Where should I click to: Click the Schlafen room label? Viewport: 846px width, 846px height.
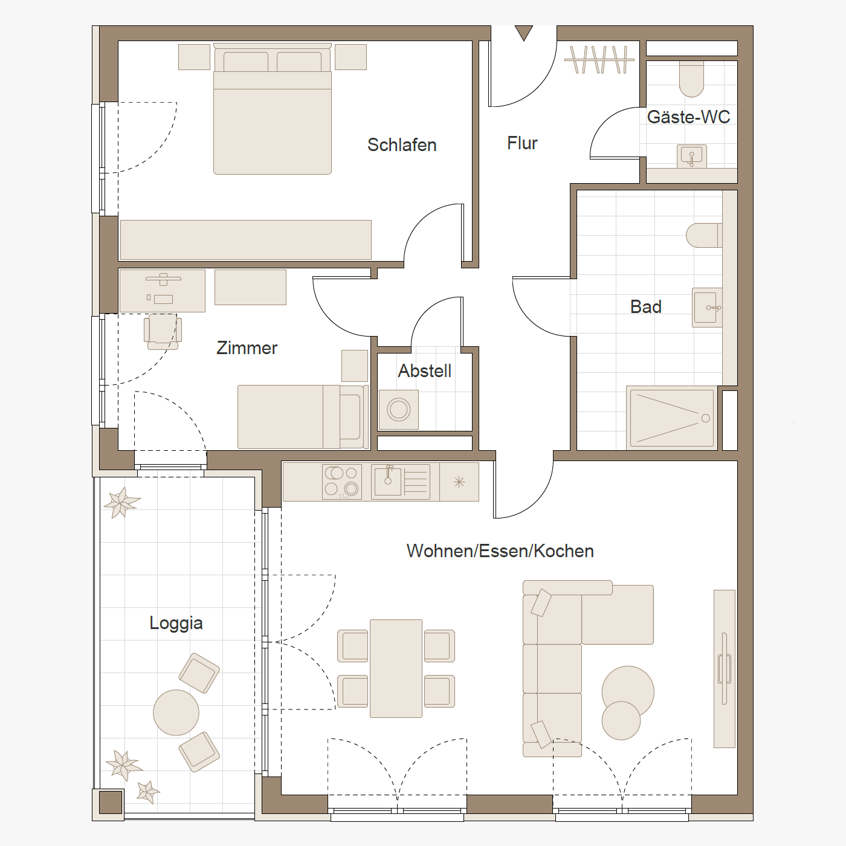(x=402, y=145)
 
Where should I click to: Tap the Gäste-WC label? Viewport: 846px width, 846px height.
(x=688, y=117)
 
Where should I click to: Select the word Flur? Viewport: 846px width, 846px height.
(x=522, y=143)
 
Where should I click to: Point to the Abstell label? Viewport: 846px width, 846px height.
(x=425, y=371)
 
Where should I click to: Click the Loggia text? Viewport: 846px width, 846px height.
(x=176, y=623)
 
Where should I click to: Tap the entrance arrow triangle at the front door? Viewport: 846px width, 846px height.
(x=524, y=33)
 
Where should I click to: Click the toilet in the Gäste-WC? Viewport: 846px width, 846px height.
(x=691, y=79)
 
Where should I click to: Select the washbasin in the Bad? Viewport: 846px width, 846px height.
(x=707, y=308)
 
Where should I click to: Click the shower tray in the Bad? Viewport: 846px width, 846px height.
(x=672, y=418)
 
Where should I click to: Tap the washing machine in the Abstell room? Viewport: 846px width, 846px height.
(x=399, y=410)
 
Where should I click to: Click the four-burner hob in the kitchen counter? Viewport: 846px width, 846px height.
(x=342, y=482)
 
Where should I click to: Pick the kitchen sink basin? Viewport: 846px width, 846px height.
(x=388, y=482)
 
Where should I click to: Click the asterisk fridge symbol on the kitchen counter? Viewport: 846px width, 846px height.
(x=459, y=482)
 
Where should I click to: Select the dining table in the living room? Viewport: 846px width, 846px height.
(x=396, y=668)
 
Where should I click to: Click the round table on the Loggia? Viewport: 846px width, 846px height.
(x=176, y=712)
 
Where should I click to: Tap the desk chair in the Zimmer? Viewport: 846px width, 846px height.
(x=163, y=332)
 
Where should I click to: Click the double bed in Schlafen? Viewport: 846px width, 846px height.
(x=272, y=108)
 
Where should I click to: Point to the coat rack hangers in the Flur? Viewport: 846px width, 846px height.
(x=599, y=59)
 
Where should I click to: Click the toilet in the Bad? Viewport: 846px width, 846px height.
(x=704, y=235)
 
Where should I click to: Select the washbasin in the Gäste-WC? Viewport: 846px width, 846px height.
(x=692, y=156)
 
